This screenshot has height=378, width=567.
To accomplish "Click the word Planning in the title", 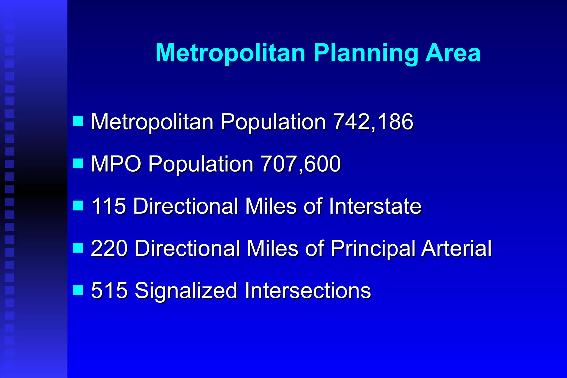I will (x=365, y=53).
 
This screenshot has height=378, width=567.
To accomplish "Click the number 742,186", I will (x=373, y=122).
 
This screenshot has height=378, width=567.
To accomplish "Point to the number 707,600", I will (x=301, y=164).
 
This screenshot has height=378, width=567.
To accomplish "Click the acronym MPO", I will (x=116, y=164).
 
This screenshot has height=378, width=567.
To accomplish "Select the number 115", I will (x=109, y=206).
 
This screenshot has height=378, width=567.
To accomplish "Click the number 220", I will (x=109, y=248).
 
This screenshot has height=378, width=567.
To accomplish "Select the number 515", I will (x=109, y=291).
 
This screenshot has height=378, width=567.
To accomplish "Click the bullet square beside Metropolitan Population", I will (x=78, y=121).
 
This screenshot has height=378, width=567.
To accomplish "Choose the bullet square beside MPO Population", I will (x=78, y=163).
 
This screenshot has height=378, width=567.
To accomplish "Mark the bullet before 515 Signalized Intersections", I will (x=78, y=290).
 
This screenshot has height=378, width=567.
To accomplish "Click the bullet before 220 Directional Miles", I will (x=78, y=248).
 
